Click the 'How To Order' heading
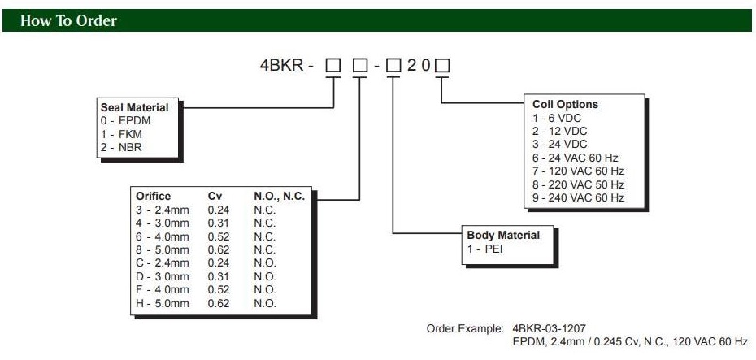68,21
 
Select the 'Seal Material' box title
134,107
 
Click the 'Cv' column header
215,197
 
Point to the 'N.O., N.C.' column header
280,197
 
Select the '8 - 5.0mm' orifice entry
163,249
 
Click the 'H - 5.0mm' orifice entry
163,303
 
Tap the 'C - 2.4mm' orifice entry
163,263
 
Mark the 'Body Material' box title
503,236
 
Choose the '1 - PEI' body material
485,249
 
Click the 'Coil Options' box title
565,104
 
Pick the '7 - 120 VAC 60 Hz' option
578,171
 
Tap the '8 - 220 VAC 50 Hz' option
578,184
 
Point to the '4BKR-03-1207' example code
549,328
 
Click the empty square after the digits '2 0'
443,66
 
